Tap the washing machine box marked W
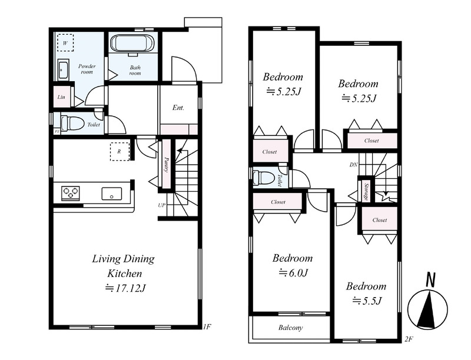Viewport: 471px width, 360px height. [65, 43]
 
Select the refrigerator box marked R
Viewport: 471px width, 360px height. [120, 152]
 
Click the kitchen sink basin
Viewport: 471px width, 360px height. [112, 194]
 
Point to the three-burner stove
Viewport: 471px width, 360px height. [71, 193]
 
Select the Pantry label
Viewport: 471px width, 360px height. [166, 165]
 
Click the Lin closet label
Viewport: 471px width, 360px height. [61, 97]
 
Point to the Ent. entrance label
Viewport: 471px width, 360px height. [178, 108]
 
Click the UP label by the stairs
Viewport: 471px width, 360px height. [161, 205]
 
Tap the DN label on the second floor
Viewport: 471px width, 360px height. [354, 165]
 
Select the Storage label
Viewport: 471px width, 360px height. [366, 191]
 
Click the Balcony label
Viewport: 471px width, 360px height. [290, 328]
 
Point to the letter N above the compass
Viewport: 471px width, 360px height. [431, 279]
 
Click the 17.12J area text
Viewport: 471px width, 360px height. [125, 288]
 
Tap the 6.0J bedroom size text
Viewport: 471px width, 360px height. [293, 273]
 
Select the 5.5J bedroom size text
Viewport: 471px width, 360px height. [367, 301]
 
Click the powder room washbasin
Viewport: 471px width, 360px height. [63, 69]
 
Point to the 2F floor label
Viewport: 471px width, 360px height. [409, 339]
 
